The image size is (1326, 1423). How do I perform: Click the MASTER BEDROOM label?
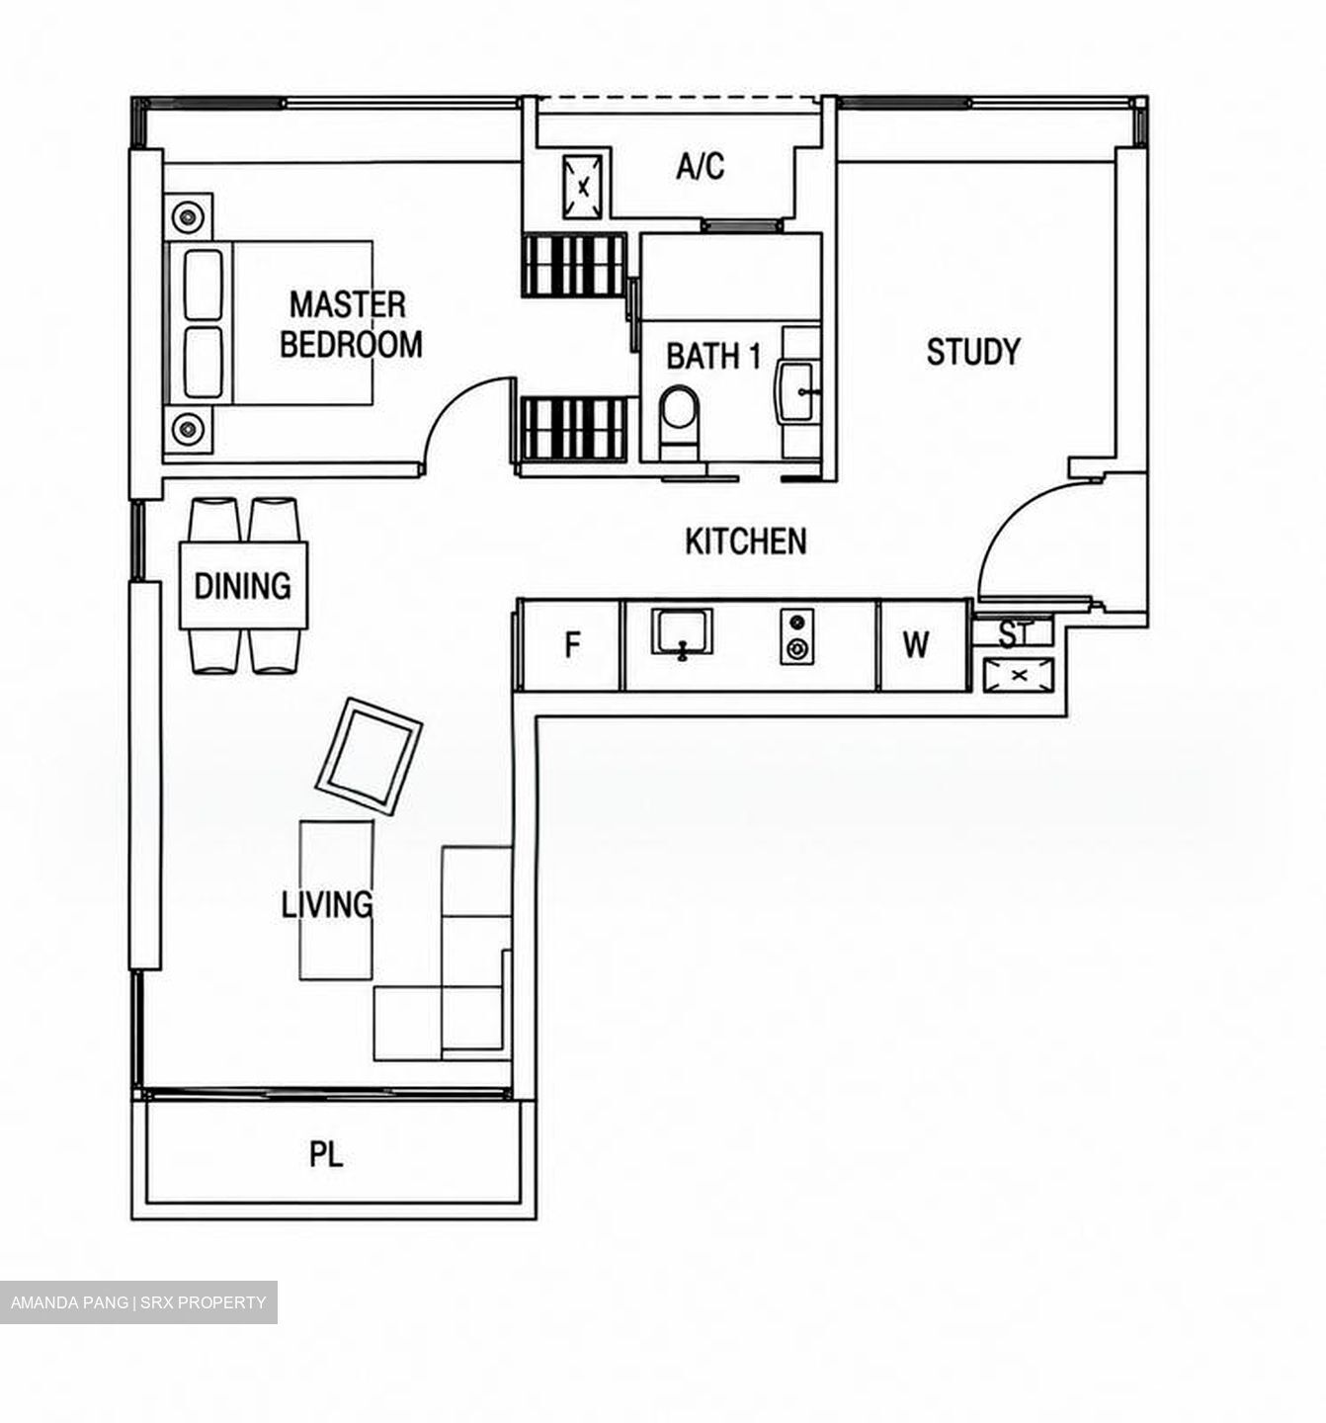click(x=351, y=324)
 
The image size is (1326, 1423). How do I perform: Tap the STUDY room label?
click(x=972, y=352)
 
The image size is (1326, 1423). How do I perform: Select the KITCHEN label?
click(x=746, y=542)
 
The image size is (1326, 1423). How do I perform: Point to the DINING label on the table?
click(x=243, y=586)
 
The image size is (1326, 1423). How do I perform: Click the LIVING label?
click(x=327, y=905)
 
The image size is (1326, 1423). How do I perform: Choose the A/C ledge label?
click(x=701, y=166)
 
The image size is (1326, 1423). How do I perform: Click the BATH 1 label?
click(x=713, y=356)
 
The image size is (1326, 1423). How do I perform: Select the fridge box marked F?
click(x=571, y=645)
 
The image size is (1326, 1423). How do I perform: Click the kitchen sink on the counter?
click(x=682, y=632)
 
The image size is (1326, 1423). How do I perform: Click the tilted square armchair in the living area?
click(x=370, y=756)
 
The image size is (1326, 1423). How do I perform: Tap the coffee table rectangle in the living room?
click(x=336, y=900)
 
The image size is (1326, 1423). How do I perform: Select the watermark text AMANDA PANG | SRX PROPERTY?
click(x=138, y=1301)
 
